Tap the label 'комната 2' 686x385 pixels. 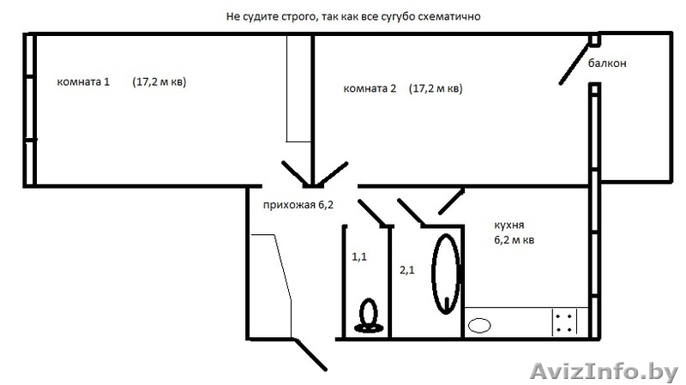[370, 89]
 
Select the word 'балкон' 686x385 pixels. [607, 63]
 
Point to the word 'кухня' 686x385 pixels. [508, 225]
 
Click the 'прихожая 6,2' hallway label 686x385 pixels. [298, 205]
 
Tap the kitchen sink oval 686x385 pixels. [480, 325]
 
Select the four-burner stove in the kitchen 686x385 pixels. [565, 323]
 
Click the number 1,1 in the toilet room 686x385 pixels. [359, 255]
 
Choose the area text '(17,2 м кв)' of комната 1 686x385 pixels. [159, 83]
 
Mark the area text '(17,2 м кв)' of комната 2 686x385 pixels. [436, 89]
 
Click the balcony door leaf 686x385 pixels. [575, 66]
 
